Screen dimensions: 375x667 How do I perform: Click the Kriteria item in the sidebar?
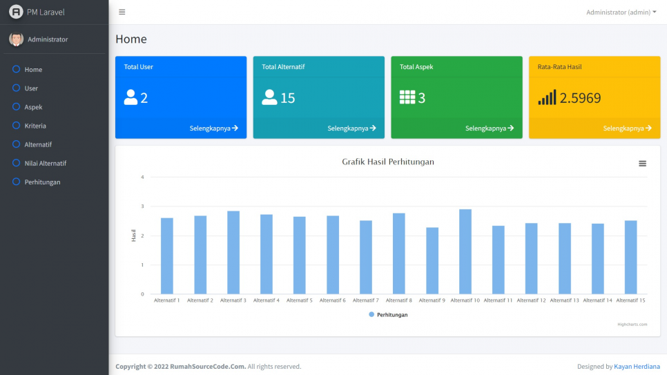click(35, 126)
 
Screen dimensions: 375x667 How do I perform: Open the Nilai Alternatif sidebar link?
click(45, 163)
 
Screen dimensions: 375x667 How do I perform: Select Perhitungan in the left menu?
click(42, 182)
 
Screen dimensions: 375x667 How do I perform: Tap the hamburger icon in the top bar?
click(122, 12)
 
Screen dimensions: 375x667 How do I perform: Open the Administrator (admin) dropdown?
click(621, 12)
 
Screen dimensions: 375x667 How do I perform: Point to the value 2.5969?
click(580, 98)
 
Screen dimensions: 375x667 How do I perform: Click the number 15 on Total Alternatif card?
click(287, 98)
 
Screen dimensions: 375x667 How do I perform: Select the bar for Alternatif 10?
click(465, 251)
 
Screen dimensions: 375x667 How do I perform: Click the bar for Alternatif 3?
click(233, 252)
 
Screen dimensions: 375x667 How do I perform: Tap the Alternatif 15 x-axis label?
click(630, 300)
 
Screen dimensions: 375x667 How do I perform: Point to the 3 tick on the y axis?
click(142, 206)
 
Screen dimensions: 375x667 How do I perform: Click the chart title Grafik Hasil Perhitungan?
click(388, 162)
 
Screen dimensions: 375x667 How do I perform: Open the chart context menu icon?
click(642, 164)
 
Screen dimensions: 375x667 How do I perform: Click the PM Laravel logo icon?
click(15, 12)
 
